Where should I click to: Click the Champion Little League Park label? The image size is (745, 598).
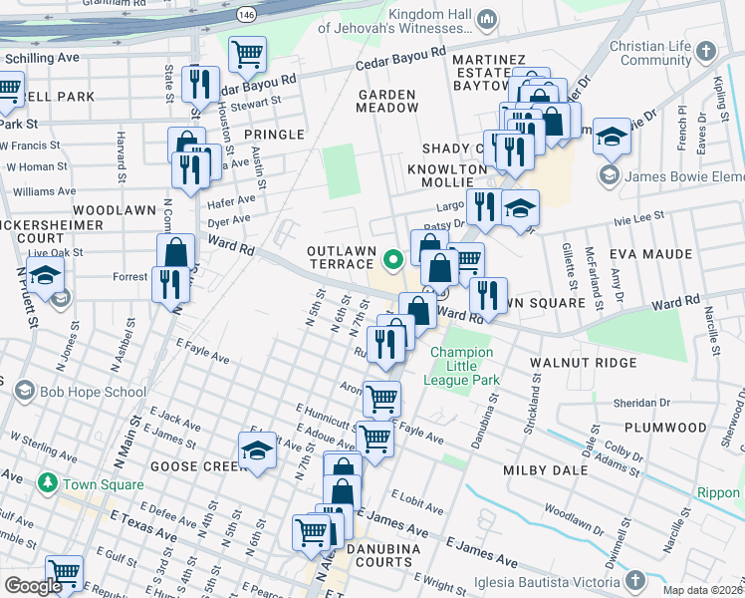coord(461,366)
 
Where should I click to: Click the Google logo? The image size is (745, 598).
coord(33,586)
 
